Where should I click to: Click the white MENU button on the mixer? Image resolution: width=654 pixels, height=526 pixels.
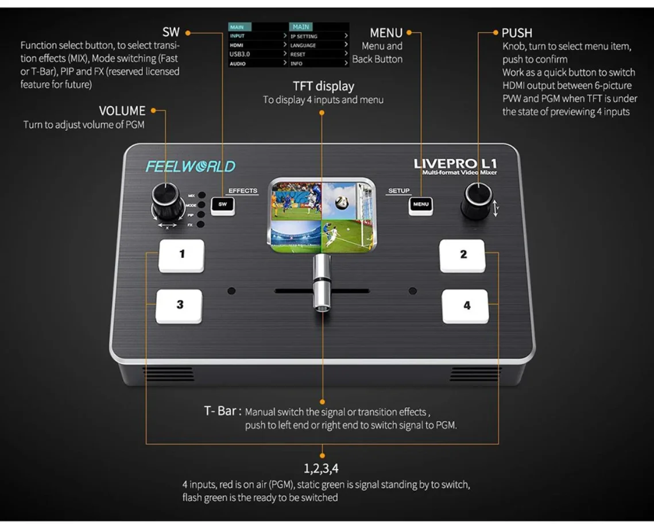point(420,205)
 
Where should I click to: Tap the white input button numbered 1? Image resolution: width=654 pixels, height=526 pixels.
point(181,256)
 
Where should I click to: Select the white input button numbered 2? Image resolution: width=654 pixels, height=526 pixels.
point(462,256)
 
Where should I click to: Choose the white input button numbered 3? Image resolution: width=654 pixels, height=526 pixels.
point(179,305)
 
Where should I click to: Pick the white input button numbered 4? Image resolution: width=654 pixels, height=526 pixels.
point(465,306)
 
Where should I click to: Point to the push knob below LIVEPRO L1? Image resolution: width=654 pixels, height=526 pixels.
point(477,200)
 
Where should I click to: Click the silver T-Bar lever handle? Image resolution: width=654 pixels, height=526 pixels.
point(322,283)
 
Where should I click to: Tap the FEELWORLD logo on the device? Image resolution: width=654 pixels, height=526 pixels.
point(191,167)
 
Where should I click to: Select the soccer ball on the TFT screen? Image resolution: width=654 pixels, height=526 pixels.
point(342,202)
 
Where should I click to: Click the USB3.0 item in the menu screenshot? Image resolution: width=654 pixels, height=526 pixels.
point(239,54)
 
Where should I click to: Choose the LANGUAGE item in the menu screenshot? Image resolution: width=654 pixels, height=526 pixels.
point(303,45)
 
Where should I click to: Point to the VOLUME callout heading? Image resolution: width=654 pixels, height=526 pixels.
point(122,111)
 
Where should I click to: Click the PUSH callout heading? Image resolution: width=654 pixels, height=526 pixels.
point(517,33)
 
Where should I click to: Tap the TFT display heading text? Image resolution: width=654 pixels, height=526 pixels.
point(323,86)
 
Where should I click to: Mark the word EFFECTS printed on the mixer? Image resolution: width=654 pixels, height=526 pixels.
point(243,191)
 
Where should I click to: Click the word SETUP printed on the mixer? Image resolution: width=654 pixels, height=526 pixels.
point(398,191)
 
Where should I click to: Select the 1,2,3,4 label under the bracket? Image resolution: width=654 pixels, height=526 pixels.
point(321,469)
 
